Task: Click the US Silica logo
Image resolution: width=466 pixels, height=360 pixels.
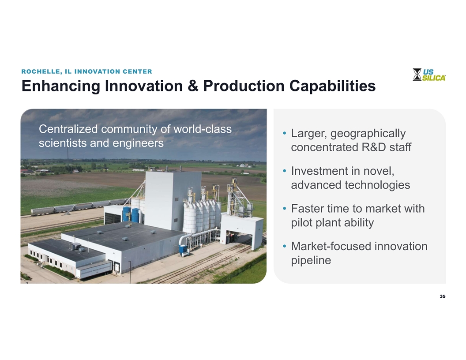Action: point(429,74)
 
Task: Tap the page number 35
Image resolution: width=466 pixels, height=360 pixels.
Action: point(443,296)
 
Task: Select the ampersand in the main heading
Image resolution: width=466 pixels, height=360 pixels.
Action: point(193,86)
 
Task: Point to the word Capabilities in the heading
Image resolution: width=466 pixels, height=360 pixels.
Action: point(332,86)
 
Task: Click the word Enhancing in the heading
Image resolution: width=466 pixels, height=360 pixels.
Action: point(60,86)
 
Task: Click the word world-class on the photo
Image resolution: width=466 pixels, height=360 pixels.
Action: point(202,129)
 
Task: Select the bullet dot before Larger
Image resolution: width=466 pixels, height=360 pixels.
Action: point(285,133)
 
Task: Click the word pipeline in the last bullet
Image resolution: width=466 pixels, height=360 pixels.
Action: point(311,260)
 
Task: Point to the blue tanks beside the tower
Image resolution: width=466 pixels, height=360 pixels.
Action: point(131,215)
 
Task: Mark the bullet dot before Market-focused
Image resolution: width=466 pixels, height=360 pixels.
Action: point(285,246)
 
